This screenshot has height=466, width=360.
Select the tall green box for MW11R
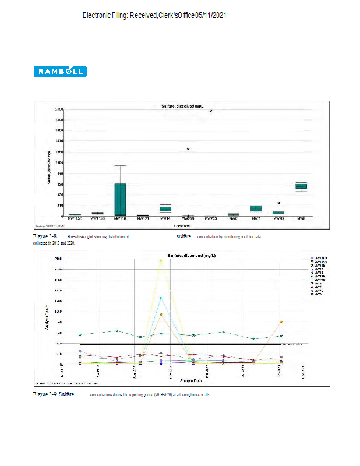(x=120, y=199)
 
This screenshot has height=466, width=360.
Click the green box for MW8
(x=301, y=186)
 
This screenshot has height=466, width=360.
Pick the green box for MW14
(x=165, y=208)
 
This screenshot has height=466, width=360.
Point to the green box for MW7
(x=256, y=208)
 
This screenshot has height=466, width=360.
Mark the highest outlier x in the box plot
(x=211, y=111)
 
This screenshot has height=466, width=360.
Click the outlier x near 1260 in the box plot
(x=188, y=149)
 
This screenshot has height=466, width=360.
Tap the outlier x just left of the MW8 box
(x=279, y=203)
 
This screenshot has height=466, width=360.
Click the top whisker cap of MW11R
(x=120, y=165)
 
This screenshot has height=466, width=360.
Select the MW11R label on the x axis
(x=120, y=219)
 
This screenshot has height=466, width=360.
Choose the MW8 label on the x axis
(x=301, y=219)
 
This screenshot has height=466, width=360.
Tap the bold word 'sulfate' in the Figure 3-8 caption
(x=184, y=237)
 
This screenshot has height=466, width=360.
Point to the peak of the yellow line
(x=161, y=260)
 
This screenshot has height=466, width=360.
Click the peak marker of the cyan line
(x=161, y=298)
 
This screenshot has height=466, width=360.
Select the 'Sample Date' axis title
(x=191, y=379)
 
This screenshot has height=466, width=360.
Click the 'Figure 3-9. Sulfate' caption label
(x=53, y=395)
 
